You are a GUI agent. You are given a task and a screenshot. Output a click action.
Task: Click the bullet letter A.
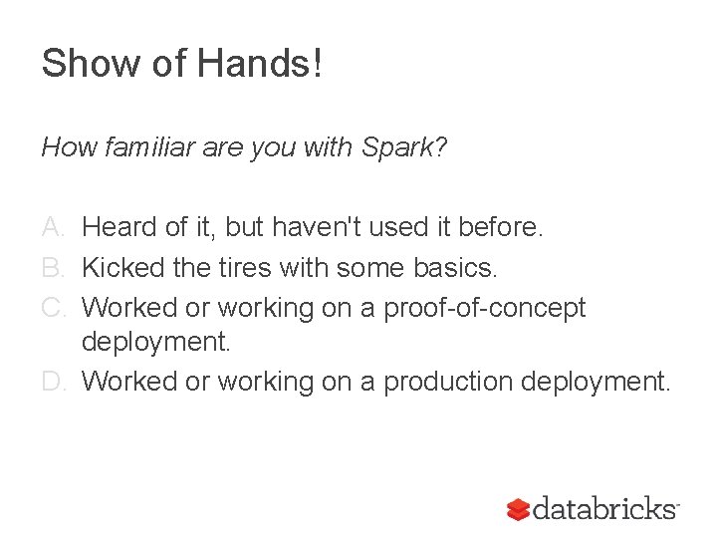55,228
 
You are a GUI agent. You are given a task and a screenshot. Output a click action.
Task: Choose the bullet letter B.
55,267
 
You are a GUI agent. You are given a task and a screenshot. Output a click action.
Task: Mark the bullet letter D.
55,381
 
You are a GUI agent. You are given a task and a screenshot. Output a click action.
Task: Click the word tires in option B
248,267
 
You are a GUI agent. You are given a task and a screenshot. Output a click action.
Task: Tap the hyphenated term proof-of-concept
486,307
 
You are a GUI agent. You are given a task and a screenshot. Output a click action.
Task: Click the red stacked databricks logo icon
518,509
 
